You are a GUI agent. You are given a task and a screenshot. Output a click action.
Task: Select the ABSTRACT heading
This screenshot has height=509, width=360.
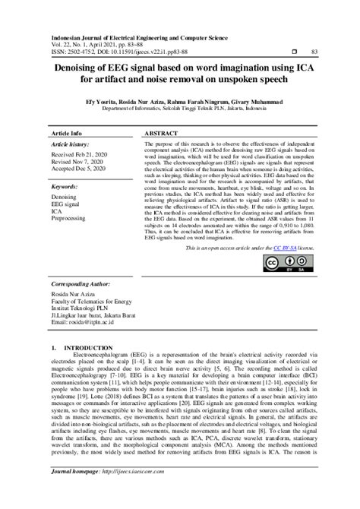(161, 132)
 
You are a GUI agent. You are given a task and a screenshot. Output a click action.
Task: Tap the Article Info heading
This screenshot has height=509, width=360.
(66, 132)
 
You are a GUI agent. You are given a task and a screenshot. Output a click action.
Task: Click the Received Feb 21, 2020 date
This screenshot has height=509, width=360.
(81, 154)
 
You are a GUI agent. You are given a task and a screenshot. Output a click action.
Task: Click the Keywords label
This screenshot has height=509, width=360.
(65, 186)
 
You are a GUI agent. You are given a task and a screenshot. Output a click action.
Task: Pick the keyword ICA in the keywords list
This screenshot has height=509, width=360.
(57, 212)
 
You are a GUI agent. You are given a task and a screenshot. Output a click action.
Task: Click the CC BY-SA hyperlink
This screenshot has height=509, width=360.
(284, 248)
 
